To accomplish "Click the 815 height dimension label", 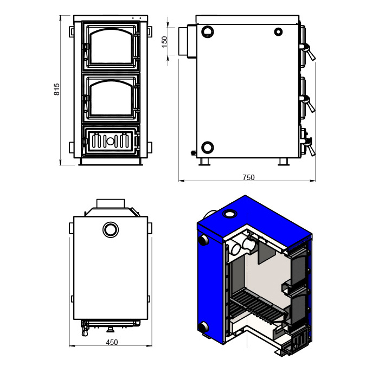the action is [x=57, y=89].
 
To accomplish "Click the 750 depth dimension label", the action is [x=248, y=177].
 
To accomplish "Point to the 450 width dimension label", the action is [x=112, y=342].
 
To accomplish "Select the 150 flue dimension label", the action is [x=164, y=42].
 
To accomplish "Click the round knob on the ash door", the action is [x=110, y=142].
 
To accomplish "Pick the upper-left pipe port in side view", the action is [x=208, y=31].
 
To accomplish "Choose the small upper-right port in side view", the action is [x=278, y=31].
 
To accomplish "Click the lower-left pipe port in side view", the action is [x=208, y=147].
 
